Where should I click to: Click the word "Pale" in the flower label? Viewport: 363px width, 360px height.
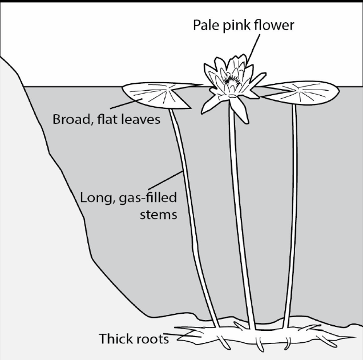(205, 25)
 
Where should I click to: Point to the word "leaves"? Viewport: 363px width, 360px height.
(140, 120)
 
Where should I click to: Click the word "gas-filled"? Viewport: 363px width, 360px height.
(148, 198)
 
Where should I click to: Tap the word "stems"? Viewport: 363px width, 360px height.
(159, 215)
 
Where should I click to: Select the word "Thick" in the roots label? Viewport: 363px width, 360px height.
(115, 338)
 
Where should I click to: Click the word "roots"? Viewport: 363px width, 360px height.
(152, 339)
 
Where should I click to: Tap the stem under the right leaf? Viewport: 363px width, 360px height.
(291, 215)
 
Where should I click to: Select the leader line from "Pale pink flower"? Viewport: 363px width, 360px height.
(253, 50)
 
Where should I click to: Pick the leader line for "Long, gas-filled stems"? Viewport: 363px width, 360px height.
(166, 180)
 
